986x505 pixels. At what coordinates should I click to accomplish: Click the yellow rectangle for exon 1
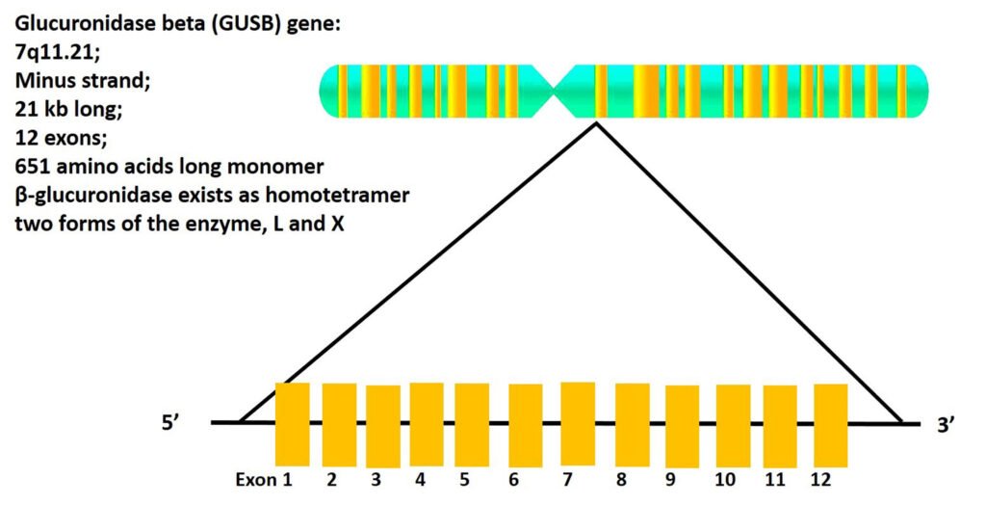[x=292, y=424]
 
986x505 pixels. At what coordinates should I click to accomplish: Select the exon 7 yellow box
[x=577, y=424]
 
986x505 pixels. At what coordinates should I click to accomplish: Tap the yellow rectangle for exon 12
[x=830, y=424]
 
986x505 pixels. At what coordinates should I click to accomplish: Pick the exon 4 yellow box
[x=427, y=424]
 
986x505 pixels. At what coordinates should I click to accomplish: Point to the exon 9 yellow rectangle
[x=682, y=425]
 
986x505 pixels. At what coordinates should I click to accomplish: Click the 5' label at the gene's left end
[x=172, y=422]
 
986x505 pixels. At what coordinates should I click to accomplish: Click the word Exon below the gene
[x=255, y=480]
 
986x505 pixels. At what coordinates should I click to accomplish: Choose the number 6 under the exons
[x=514, y=480]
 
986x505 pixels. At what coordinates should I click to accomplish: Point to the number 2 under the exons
[x=332, y=480]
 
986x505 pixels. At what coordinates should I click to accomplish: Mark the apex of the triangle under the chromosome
[x=597, y=123]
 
